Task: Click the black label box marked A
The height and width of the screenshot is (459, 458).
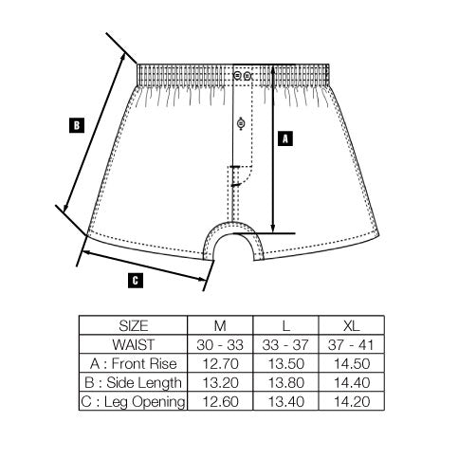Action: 285,138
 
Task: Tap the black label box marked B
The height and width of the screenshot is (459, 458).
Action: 77,125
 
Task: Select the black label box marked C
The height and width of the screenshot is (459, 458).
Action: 136,281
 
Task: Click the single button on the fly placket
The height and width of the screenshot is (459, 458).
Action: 241,123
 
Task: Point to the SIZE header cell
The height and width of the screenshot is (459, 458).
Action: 134,325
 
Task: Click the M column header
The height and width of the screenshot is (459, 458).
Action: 220,325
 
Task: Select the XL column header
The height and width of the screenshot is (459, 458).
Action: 352,325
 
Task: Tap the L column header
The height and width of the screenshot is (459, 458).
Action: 286,325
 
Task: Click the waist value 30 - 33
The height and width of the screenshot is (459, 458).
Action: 220,344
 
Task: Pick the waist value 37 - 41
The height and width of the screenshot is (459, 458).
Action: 351,344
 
